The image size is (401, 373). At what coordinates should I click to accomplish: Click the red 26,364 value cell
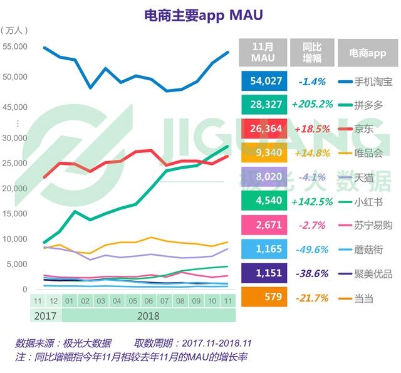pyautogui.click(x=263, y=129)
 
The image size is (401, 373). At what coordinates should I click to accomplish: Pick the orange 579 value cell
pyautogui.click(x=263, y=297)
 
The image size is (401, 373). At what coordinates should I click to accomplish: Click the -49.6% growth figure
pyautogui.click(x=311, y=250)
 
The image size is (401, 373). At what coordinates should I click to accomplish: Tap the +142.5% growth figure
pyautogui.click(x=311, y=202)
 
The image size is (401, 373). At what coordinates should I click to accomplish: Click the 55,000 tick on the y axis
pyautogui.click(x=15, y=46)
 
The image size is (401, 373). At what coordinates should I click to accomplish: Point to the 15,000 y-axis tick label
pyautogui.click(x=15, y=214)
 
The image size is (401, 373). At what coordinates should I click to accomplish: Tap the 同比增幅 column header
pyautogui.click(x=311, y=53)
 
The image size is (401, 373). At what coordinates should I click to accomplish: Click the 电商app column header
pyautogui.click(x=367, y=53)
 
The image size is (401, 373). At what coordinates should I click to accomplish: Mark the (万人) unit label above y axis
pyautogui.click(x=14, y=31)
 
